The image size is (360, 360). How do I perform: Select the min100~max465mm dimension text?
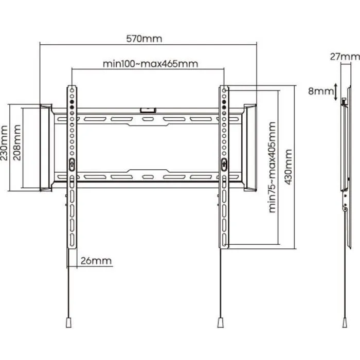coord(150,64)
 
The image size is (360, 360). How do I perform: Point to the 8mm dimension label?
coord(319,92)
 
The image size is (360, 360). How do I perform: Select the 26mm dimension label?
coord(96,260)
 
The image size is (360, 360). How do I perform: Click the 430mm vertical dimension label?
coord(289,168)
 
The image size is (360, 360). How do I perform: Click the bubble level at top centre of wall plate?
coord(147,109)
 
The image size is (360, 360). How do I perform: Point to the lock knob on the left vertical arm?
coord(71,164)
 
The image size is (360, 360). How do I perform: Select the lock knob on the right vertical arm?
coord(224,164)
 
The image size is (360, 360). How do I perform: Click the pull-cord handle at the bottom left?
coord(68,321)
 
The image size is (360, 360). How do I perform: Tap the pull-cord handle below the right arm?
coord(220,321)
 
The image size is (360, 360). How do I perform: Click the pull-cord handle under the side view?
coord(344,321)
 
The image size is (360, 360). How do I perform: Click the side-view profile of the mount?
coord(343,154)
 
